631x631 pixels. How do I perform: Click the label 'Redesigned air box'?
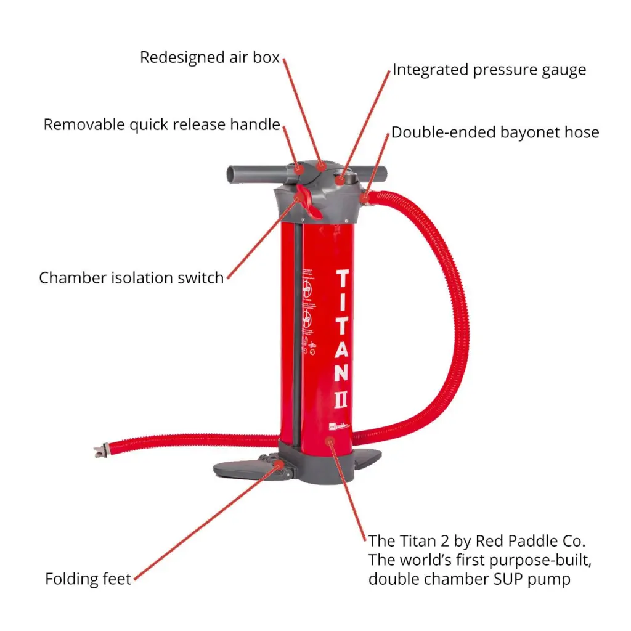pos(210,57)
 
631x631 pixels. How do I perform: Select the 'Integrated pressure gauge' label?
pos(489,70)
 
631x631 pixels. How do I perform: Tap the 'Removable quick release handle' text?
pos(161,124)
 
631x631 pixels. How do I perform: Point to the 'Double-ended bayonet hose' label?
pos(495,132)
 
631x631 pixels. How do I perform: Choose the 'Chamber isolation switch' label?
pos(131,278)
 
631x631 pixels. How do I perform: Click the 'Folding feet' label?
pos(88,579)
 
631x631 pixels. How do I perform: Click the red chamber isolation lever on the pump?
pos(306,200)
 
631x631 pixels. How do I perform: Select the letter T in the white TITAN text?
pos(343,279)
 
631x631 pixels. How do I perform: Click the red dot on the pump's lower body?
pos(330,442)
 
